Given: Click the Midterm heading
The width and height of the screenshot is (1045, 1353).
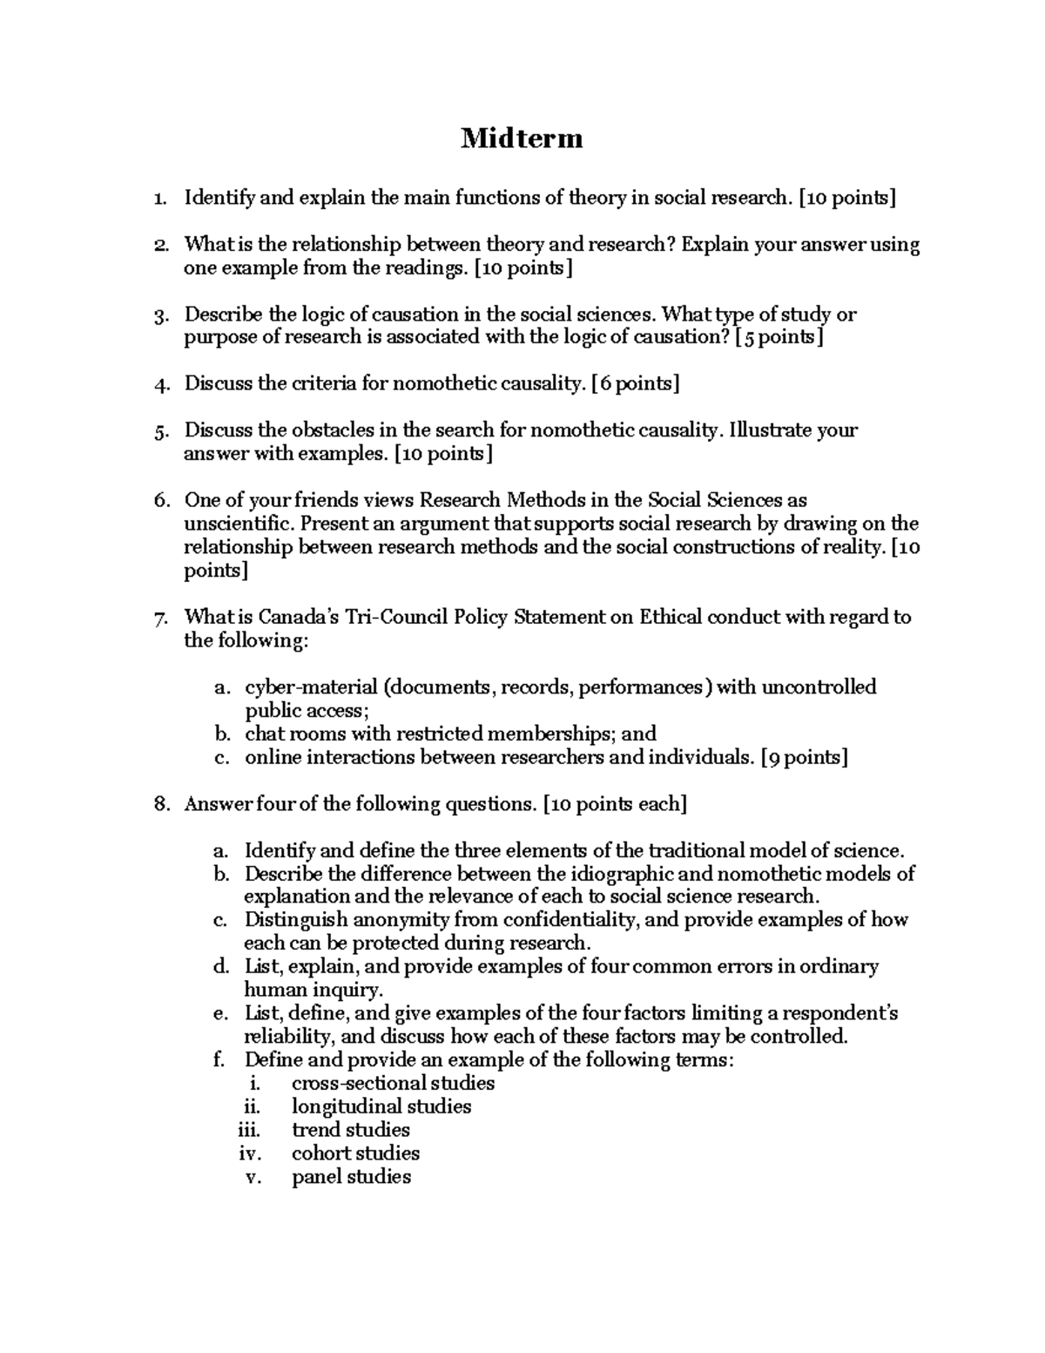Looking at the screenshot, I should pyautogui.click(x=522, y=138).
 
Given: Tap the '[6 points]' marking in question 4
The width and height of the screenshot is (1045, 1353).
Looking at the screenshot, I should pyautogui.click(x=635, y=383).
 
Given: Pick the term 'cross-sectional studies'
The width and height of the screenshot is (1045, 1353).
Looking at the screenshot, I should pyautogui.click(x=393, y=1083).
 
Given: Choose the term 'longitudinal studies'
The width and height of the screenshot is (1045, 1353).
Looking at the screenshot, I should pyautogui.click(x=381, y=1106).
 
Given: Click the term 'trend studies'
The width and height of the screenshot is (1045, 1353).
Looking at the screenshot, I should pyautogui.click(x=350, y=1130).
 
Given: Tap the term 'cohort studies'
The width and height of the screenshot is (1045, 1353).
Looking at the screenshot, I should pyautogui.click(x=355, y=1153).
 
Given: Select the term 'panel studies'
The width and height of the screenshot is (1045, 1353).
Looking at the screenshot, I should pyautogui.click(x=351, y=1177).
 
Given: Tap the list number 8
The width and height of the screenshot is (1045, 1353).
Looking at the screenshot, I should pyautogui.click(x=160, y=804).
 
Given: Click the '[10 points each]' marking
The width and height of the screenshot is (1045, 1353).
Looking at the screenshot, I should pyautogui.click(x=614, y=804).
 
